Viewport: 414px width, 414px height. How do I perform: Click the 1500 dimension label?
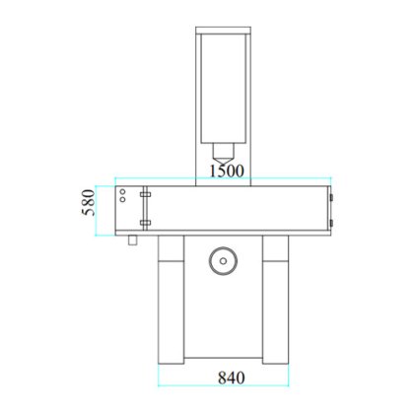point(227,171)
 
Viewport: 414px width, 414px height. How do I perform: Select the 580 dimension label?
point(89,202)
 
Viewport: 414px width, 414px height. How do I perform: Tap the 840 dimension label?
point(232,378)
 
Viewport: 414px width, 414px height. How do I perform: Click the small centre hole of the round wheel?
point(223,261)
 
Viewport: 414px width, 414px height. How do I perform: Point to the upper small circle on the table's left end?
point(122,191)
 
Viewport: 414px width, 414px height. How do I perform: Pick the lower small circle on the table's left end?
point(122,199)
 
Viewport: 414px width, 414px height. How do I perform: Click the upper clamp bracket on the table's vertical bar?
point(145,194)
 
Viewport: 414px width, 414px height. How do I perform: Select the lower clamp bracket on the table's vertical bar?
point(145,223)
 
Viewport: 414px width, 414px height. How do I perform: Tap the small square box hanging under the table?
point(133,241)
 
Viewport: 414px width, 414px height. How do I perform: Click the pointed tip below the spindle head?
point(223,162)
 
